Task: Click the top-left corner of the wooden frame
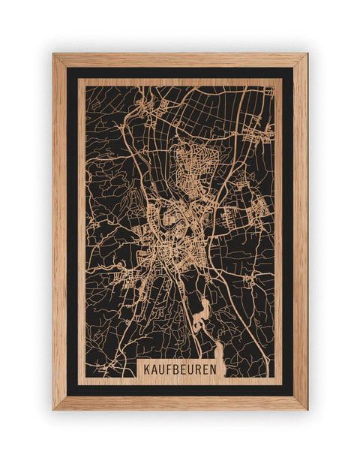[55, 56]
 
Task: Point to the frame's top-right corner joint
[305, 56]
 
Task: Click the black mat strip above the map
[180, 73]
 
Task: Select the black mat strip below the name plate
[180, 390]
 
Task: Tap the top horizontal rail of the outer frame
[180, 60]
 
